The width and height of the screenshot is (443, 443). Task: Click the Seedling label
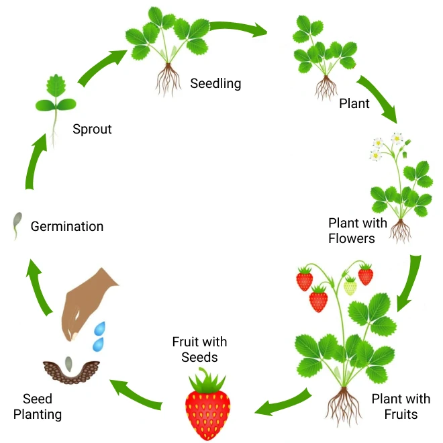click(x=215, y=84)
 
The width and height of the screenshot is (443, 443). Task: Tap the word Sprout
click(x=92, y=129)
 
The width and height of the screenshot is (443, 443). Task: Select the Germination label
click(x=67, y=226)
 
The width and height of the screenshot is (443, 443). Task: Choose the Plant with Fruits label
click(x=401, y=406)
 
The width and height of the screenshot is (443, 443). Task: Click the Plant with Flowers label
click(x=358, y=230)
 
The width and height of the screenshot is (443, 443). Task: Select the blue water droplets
click(x=99, y=336)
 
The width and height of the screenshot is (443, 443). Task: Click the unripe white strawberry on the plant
click(x=350, y=287)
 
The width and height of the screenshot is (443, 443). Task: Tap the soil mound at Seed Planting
click(x=71, y=372)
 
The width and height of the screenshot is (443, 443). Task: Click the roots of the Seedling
click(x=167, y=80)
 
